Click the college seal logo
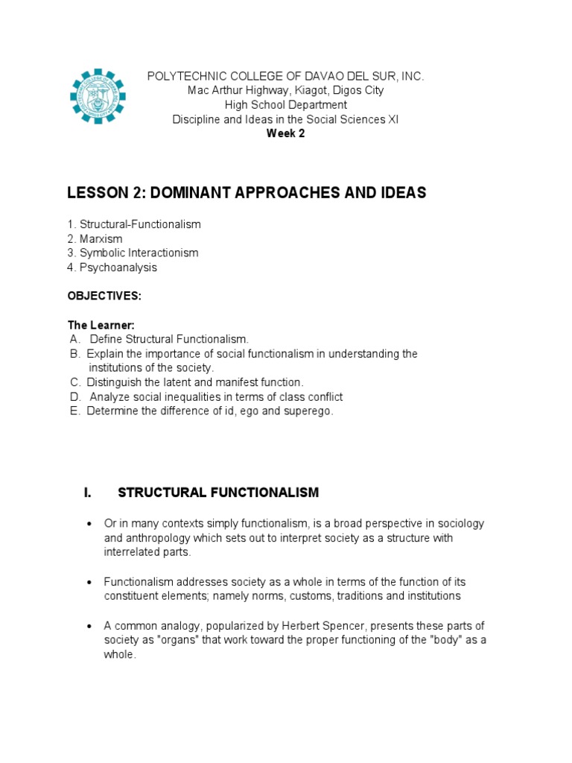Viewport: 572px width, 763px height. tap(98, 97)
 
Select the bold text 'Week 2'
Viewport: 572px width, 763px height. tap(285, 133)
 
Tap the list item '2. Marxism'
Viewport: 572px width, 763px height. tap(95, 238)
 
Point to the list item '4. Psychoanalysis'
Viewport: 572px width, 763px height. tap(112, 267)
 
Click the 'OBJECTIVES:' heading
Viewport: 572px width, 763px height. tap(104, 296)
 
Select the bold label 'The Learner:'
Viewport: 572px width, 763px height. tap(101, 325)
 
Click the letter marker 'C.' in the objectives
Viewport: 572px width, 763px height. tap(74, 382)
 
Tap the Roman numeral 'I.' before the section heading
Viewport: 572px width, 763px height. tap(88, 493)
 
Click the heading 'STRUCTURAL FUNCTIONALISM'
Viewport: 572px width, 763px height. tap(218, 493)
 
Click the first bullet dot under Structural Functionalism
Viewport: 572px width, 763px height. tap(89, 525)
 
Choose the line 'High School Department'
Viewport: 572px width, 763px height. tap(285, 105)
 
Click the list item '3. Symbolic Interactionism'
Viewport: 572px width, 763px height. tap(133, 253)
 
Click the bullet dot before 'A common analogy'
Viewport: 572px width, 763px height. tap(89, 626)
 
